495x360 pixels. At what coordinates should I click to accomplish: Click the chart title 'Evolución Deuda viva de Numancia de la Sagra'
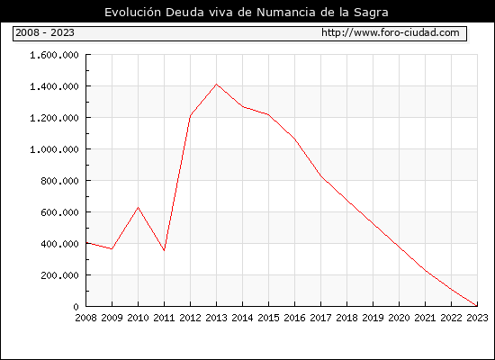pyautogui.click(x=247, y=12)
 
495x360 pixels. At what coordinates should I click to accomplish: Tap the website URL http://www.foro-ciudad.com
pyautogui.click(x=391, y=32)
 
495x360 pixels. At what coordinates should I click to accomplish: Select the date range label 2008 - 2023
pyautogui.click(x=45, y=32)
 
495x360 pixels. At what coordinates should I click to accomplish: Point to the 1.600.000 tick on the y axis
pyautogui.click(x=54, y=55)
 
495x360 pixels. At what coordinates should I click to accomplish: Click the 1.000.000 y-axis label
pyautogui.click(x=54, y=149)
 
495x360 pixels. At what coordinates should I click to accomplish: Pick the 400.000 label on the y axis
pyautogui.click(x=59, y=244)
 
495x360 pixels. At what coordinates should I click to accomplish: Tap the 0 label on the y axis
pyautogui.click(x=76, y=307)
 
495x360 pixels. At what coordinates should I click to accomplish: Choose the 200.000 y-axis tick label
pyautogui.click(x=59, y=275)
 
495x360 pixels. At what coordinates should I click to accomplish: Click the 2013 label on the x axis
pyautogui.click(x=216, y=318)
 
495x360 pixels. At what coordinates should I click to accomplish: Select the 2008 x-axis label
pyautogui.click(x=85, y=318)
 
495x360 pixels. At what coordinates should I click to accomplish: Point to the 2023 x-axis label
pyautogui.click(x=477, y=318)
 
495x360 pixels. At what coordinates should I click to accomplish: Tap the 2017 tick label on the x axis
pyautogui.click(x=320, y=318)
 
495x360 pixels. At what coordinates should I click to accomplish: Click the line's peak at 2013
pyautogui.click(x=216, y=85)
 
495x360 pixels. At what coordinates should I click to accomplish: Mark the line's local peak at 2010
pyautogui.click(x=138, y=208)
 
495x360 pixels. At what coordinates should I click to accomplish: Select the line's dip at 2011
pyautogui.click(x=164, y=251)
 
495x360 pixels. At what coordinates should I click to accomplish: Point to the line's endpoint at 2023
pyautogui.click(x=477, y=306)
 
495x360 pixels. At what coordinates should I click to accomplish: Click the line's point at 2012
pyautogui.click(x=191, y=115)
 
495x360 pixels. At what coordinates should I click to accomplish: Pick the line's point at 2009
pyautogui.click(x=112, y=248)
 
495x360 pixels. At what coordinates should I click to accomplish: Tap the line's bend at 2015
pyautogui.click(x=269, y=114)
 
